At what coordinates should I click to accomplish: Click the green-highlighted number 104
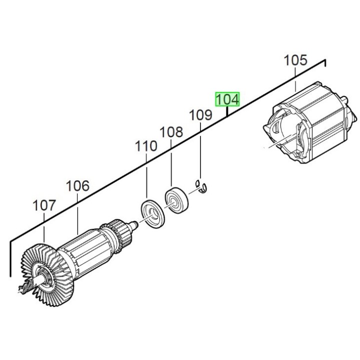tap(227, 99)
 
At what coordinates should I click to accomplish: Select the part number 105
tap(295, 61)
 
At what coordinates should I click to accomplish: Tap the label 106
tap(78, 186)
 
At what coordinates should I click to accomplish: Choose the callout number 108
tap(171, 132)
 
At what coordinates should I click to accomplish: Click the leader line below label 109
tap(200, 150)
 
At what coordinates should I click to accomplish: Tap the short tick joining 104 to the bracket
tap(227, 111)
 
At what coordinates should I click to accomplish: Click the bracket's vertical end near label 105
tap(325, 65)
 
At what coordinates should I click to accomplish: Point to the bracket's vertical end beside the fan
tap(10, 258)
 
